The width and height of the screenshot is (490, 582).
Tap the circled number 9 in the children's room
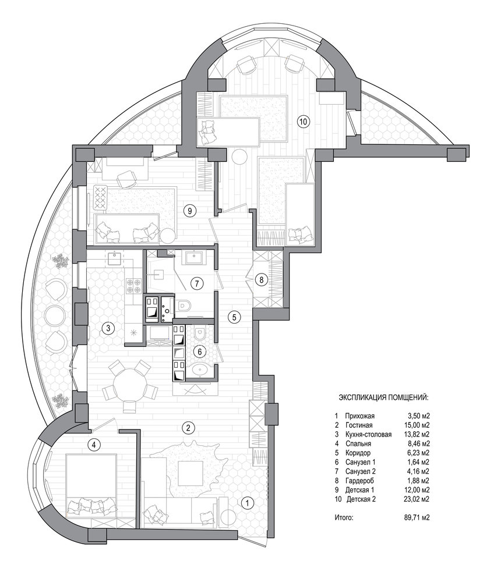click(189, 211)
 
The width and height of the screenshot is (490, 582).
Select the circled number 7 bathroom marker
click(197, 284)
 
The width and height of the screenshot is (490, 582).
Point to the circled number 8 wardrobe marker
click(261, 280)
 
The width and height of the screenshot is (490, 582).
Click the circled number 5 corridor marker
click(234, 317)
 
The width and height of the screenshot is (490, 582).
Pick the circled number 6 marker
click(199, 352)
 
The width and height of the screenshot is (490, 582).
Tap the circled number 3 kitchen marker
click(108, 328)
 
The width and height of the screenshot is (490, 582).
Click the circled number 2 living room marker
click(188, 428)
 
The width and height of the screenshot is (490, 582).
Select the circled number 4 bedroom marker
click(96, 445)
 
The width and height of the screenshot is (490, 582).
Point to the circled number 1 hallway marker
click(248, 503)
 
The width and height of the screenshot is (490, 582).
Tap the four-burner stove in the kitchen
click(134, 285)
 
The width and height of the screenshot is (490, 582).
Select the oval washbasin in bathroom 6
click(201, 370)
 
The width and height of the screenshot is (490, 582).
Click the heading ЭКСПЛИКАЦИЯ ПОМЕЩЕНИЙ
click(383, 398)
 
